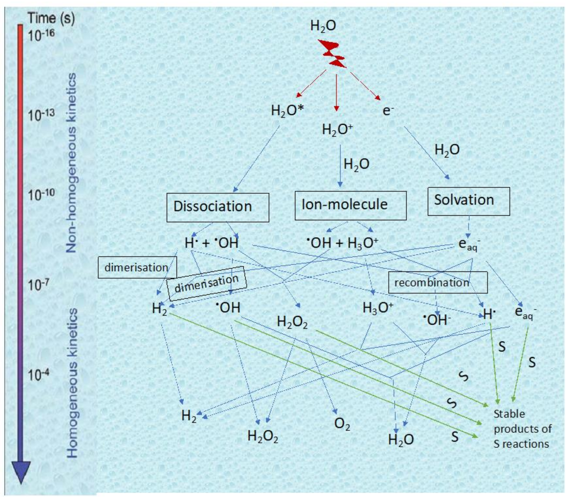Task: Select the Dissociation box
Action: [218, 207]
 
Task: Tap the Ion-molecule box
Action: [350, 205]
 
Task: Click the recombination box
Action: [438, 283]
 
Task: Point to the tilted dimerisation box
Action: [207, 283]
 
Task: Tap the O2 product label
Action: [342, 424]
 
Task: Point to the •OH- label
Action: [437, 320]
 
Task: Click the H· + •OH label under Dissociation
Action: [212, 243]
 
